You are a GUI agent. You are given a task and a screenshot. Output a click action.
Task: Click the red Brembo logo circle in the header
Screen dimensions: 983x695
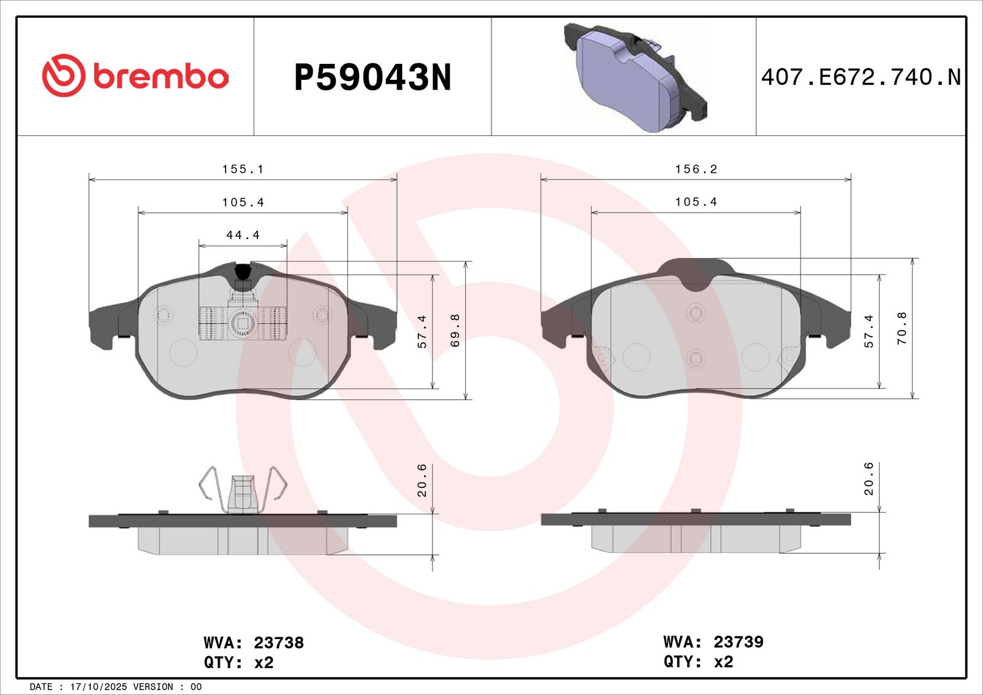point(63,75)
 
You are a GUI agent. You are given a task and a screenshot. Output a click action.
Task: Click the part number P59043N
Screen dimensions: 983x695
point(372,77)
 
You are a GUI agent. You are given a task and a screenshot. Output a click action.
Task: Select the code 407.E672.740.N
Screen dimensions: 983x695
point(861,77)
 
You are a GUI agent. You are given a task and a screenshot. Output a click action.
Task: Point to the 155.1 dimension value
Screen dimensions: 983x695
point(243,169)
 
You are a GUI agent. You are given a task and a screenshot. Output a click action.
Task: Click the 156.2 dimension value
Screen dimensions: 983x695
point(696,169)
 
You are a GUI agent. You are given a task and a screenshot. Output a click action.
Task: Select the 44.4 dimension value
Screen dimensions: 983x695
point(243,235)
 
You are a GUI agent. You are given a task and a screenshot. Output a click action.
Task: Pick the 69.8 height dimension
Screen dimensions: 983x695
point(455,330)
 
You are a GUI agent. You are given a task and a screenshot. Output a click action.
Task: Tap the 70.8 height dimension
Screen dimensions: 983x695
point(902,328)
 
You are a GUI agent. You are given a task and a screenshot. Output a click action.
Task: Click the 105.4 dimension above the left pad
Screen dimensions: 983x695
point(243,202)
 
